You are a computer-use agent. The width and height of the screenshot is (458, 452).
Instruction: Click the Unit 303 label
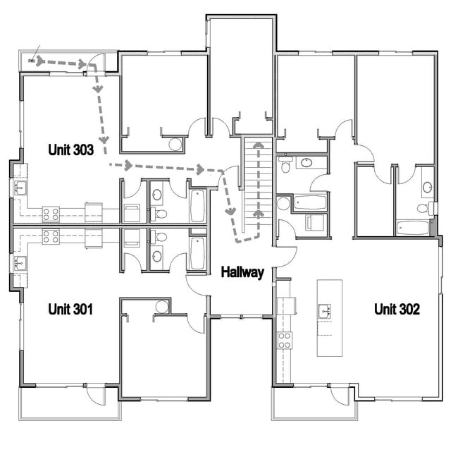(x=70, y=149)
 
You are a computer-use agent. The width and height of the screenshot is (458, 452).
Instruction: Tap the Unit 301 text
(x=70, y=309)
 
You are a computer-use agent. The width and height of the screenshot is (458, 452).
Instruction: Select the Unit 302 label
(x=397, y=309)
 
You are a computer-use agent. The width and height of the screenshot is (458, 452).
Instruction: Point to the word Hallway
(x=242, y=272)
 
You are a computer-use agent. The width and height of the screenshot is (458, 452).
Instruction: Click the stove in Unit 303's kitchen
(x=51, y=213)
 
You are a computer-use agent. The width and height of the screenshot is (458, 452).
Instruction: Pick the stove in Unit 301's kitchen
(x=51, y=236)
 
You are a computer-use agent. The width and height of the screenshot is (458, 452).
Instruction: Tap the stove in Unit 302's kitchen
(x=285, y=341)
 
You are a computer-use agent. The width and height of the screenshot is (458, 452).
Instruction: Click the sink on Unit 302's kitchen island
(x=326, y=309)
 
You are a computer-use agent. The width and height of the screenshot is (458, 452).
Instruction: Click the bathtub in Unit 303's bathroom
(x=198, y=205)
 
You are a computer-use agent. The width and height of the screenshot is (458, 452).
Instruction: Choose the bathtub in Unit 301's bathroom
(x=198, y=252)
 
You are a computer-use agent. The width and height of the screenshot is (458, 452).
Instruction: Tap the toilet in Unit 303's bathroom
(x=160, y=213)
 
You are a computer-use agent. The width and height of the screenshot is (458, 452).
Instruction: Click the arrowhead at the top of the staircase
(x=259, y=145)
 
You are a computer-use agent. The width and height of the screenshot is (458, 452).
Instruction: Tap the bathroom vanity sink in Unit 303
(x=156, y=190)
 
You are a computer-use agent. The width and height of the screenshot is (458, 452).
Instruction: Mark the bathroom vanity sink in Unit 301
(x=156, y=257)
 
